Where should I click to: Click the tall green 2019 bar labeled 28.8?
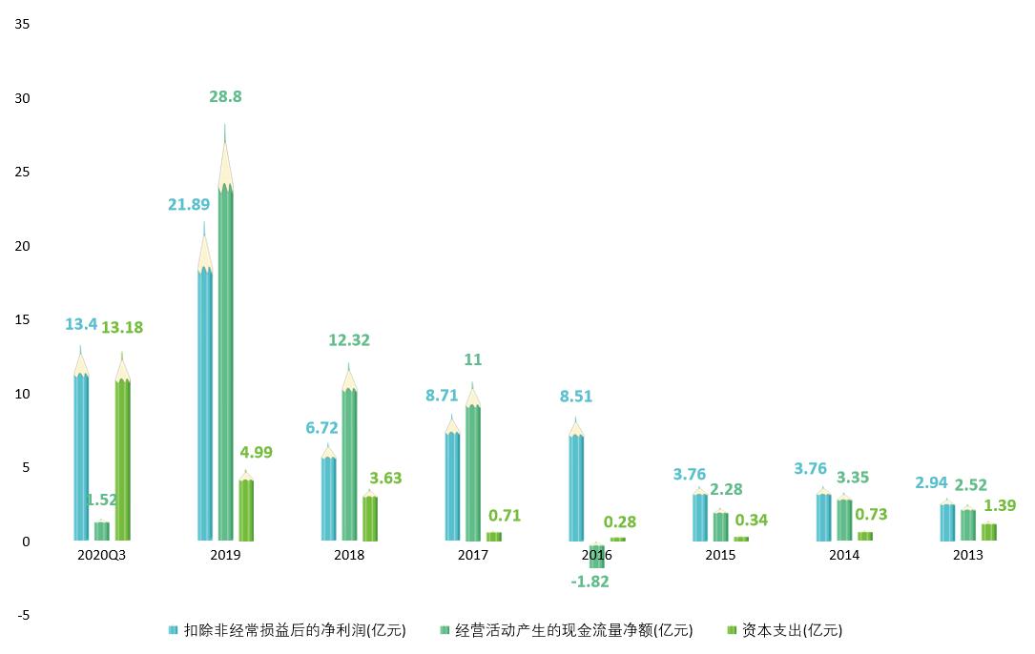point(225,362)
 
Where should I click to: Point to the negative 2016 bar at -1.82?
point(597,555)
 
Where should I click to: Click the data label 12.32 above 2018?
point(348,340)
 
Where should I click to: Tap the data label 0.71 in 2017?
point(504,516)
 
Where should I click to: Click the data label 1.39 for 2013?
point(999,505)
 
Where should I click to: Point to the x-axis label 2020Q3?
point(101,556)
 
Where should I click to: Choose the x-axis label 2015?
point(720,556)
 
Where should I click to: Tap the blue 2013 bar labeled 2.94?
point(947,522)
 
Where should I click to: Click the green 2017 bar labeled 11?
point(472,473)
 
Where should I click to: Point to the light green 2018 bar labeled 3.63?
point(369,519)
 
